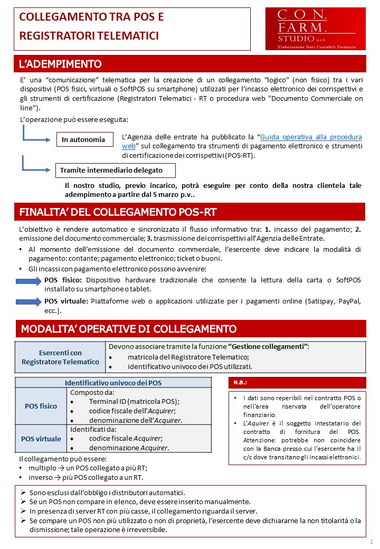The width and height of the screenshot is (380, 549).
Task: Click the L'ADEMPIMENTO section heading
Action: point(60,64)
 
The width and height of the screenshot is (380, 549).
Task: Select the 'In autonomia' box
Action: point(84,139)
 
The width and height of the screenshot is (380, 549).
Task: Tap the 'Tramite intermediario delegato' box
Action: point(116,171)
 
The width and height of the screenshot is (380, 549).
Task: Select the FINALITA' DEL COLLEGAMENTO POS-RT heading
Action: point(117,212)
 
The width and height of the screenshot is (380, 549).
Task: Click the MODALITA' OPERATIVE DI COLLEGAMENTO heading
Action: point(128,329)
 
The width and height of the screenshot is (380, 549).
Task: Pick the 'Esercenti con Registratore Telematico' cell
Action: point(61,357)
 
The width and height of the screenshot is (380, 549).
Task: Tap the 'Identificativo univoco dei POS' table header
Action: point(113,382)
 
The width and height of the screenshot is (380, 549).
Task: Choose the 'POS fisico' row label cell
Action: point(41,406)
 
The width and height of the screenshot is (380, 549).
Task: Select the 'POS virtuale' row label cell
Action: point(41,439)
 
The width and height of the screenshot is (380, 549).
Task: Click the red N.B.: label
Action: point(240,382)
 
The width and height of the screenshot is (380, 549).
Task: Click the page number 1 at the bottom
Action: point(371,542)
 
